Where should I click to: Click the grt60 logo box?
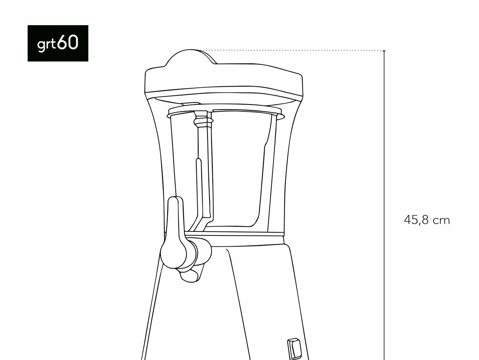(58, 43)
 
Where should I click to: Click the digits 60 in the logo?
(68, 42)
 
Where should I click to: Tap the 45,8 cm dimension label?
(427, 220)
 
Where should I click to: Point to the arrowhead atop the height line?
(384, 51)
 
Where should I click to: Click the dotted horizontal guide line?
(291, 50)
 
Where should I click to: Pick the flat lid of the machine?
(224, 81)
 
